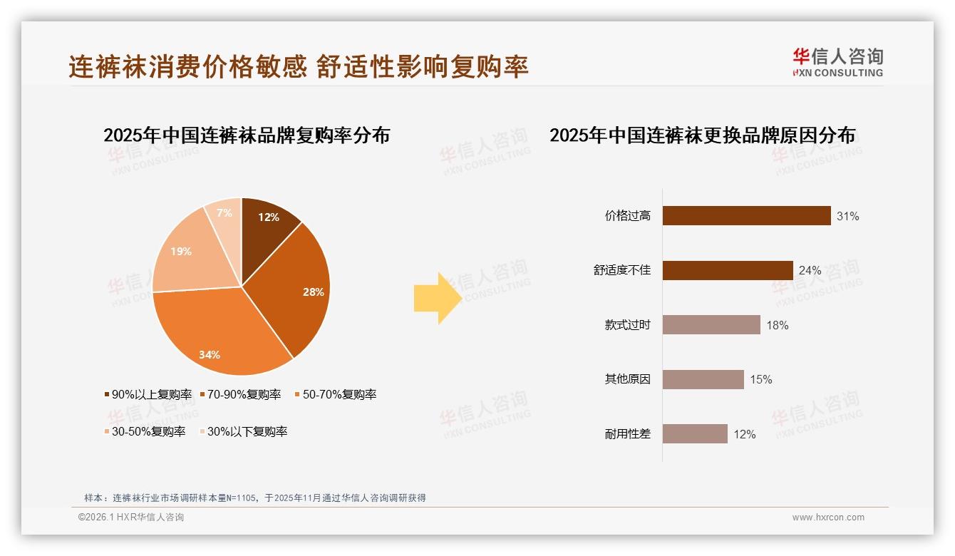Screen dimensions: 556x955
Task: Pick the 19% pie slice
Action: (x=184, y=253)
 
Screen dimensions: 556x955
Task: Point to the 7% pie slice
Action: (x=224, y=214)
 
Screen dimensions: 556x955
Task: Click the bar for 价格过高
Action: (x=746, y=216)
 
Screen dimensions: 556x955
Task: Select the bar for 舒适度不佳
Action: (x=728, y=271)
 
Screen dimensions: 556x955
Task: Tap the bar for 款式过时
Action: (x=711, y=325)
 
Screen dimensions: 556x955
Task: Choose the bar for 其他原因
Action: (x=703, y=379)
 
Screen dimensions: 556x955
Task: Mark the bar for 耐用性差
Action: (x=695, y=434)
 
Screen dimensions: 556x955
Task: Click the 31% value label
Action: (x=848, y=216)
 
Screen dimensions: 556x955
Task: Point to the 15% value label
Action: (x=761, y=380)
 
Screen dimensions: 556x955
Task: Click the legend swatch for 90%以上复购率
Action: (x=107, y=395)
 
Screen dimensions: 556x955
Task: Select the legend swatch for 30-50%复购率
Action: (x=107, y=432)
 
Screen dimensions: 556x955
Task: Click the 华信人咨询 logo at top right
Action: (x=837, y=62)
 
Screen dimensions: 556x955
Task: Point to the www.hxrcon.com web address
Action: (x=828, y=518)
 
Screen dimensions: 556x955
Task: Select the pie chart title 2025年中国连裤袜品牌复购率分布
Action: (x=247, y=135)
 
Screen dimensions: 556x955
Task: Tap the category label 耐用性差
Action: (x=627, y=434)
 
